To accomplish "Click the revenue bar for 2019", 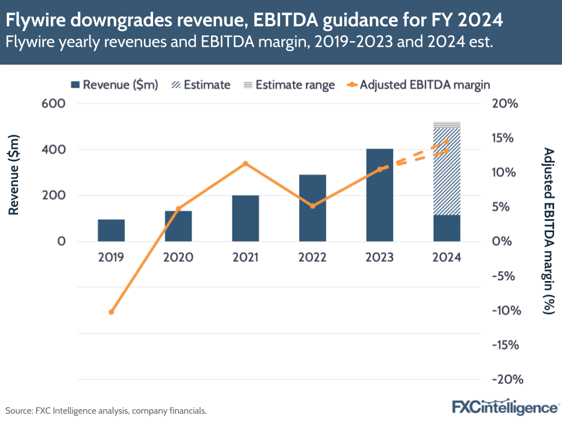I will point(111,230).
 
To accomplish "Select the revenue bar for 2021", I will point(245,219).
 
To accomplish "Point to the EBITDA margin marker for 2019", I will point(111,311).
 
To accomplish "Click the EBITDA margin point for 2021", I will point(245,164).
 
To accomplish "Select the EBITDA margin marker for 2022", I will point(313,206).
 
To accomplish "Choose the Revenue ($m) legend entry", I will point(115,85).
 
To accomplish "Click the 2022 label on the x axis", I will point(312,257).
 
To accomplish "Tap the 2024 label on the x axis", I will point(447,257).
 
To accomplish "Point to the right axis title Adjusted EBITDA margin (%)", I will point(548,230).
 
